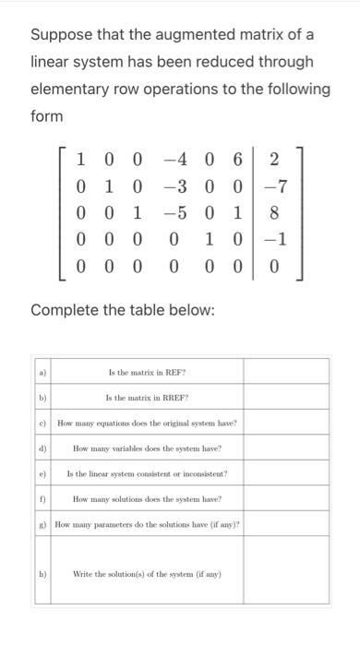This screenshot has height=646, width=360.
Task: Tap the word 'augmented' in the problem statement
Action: coord(198,35)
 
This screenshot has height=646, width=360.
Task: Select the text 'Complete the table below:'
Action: coord(123,309)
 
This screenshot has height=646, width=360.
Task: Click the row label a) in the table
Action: coord(42,373)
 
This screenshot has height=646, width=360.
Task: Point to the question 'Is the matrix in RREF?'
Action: coord(148,398)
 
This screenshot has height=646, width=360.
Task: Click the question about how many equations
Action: coord(148,423)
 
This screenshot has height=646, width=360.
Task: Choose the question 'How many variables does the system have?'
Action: coord(148,449)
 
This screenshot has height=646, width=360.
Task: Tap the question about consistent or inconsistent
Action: coord(148,473)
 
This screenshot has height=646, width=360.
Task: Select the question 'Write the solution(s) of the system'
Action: coord(148,574)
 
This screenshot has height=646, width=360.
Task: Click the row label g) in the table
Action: coord(42,524)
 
